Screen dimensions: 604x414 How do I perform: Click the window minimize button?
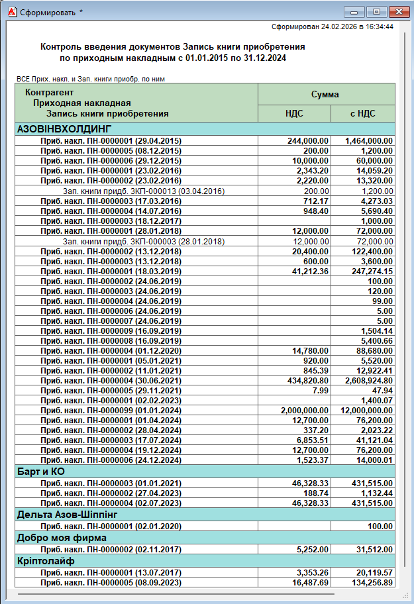(356, 11)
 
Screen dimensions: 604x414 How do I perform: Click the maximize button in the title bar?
(376, 11)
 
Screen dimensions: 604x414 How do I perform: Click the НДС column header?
(294, 113)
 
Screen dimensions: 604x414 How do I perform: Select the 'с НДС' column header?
(362, 113)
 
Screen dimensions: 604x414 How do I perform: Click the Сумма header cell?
(325, 94)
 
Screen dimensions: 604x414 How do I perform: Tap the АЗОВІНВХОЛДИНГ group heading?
(64, 128)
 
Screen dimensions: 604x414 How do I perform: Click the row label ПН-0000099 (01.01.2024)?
(111, 411)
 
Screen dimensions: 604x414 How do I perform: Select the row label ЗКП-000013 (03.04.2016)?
(144, 191)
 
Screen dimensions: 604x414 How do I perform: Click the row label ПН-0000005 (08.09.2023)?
(111, 582)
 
